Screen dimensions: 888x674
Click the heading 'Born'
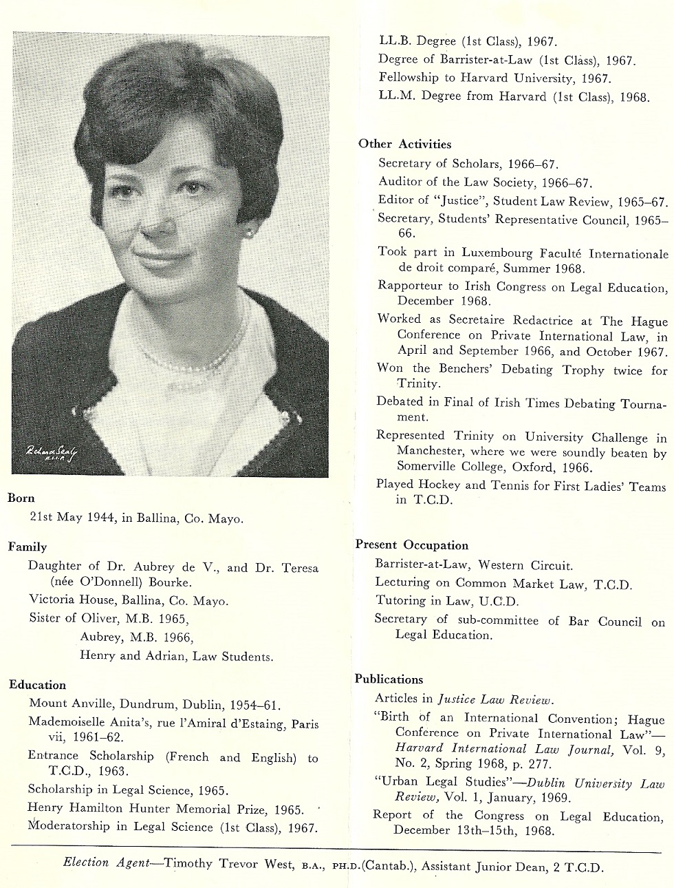click(21, 498)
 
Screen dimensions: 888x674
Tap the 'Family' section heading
click(28, 547)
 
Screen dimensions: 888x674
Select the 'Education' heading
click(38, 685)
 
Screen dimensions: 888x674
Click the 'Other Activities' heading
click(404, 144)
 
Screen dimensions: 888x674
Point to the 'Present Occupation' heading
click(412, 545)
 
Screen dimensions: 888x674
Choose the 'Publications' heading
click(389, 679)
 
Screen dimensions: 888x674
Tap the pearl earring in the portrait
click(248, 233)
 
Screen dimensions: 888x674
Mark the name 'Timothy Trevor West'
click(230, 864)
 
